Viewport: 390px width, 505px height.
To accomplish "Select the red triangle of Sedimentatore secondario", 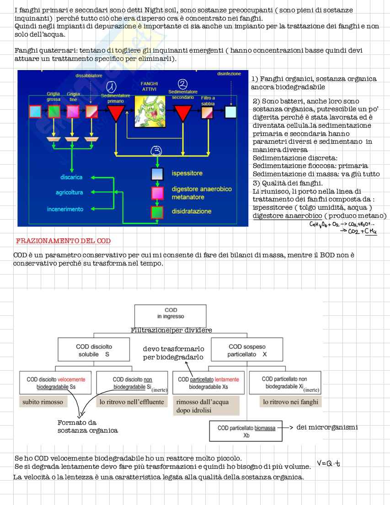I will pyautogui.click(x=183, y=111).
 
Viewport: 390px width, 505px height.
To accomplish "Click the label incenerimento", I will pyautogui.click(x=65, y=209).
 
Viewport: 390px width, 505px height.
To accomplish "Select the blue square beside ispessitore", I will pyautogui.click(x=157, y=174).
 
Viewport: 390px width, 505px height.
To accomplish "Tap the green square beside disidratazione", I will pyautogui.click(x=157, y=212).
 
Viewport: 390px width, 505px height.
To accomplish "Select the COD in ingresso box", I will pyautogui.click(x=171, y=314).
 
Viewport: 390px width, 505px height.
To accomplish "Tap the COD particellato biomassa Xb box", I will pyautogui.click(x=246, y=431).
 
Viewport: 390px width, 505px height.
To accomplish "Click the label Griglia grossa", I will pyautogui.click(x=53, y=96).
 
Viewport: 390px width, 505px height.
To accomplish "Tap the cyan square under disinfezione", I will pyautogui.click(x=231, y=111).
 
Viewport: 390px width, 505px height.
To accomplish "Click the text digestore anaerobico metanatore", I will pyautogui.click(x=202, y=192).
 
